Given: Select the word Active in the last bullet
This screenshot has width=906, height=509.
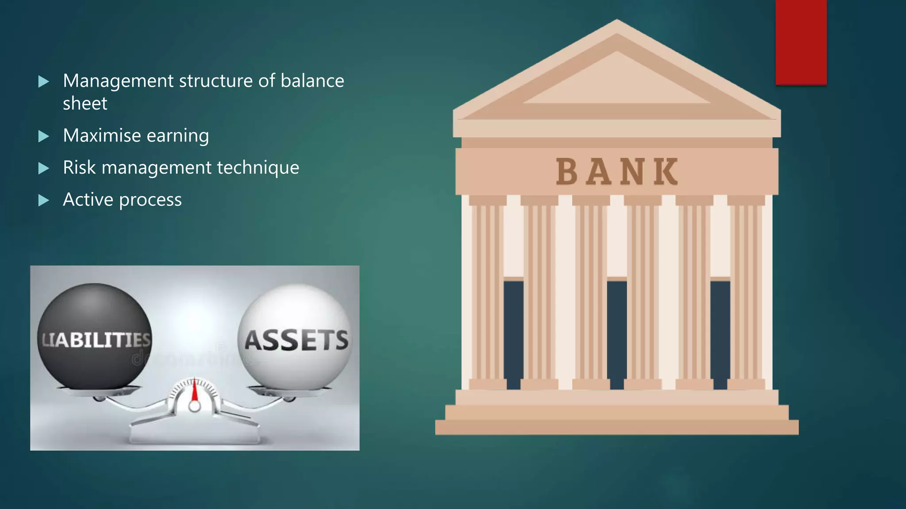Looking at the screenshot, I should (88, 200).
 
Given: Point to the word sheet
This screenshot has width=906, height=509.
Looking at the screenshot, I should (85, 103).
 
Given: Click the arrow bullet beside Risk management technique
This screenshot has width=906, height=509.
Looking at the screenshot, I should (43, 168).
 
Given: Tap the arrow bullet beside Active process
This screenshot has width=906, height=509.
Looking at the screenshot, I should (43, 201).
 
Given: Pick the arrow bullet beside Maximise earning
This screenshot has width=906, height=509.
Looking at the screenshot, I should (43, 136).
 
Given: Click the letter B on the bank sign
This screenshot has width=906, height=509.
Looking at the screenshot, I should (567, 171).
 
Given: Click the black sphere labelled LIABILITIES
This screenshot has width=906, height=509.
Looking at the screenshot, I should (94, 336).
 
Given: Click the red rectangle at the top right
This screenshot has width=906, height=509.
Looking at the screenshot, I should (801, 42).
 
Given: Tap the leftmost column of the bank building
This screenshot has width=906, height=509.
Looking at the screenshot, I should (488, 292).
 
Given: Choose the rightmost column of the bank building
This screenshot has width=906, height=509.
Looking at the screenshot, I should (746, 292).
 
